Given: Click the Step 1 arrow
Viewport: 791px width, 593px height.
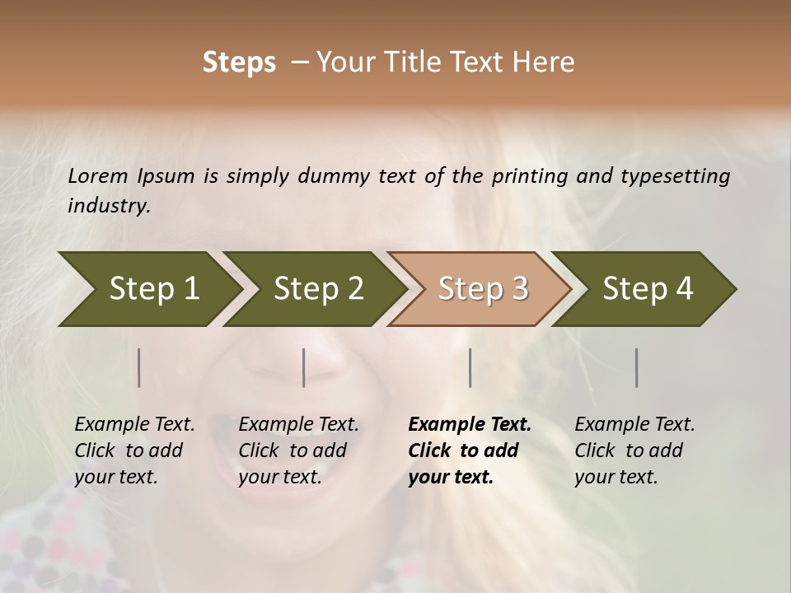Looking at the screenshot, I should coord(148,289).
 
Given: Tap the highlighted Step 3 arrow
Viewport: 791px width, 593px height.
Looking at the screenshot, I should coord(482,289).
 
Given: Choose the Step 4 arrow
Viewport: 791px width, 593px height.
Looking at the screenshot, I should coord(647,289).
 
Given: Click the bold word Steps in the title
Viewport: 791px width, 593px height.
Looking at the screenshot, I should coord(239,63).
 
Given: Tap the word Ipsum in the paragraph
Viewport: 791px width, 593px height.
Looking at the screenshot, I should coord(166,175).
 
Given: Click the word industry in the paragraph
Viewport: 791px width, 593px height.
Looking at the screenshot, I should coord(108,205).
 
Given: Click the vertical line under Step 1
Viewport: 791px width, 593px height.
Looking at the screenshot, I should coord(139,367).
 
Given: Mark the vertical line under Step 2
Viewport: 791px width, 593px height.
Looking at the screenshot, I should coord(304,367).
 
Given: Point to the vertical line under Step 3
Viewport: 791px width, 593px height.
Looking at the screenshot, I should coord(470,367).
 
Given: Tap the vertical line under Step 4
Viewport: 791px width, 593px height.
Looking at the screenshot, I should coord(636,367).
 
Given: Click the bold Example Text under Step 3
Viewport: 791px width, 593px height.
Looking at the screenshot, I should coord(470,424).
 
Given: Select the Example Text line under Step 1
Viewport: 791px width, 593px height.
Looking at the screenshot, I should coord(134,424).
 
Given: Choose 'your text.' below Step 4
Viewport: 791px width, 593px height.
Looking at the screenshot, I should coord(616,477).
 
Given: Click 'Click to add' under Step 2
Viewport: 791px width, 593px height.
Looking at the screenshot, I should coord(293,451).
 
